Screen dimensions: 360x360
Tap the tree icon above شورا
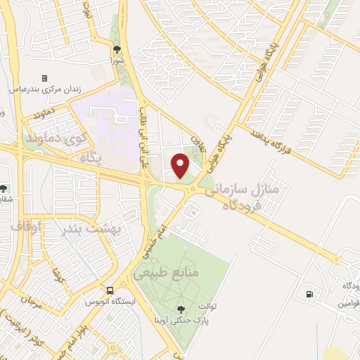point(117,49)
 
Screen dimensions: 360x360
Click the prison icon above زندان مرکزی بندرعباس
point(45,78)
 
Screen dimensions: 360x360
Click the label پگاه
point(91,159)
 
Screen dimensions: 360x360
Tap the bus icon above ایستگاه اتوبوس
point(110,290)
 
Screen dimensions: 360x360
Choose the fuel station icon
point(307,294)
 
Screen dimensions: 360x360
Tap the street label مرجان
point(32,302)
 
